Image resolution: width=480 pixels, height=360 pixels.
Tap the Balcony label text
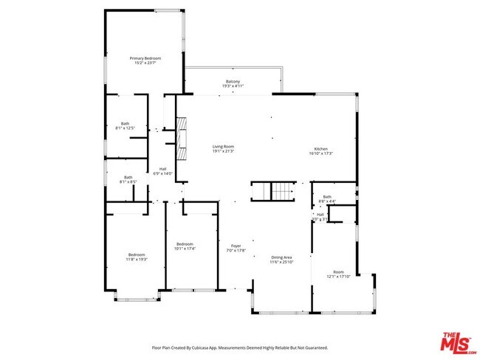pyautogui.click(x=233, y=81)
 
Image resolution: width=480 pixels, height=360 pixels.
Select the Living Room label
pyautogui.click(x=223, y=147)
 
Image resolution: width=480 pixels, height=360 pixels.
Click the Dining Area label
pyautogui.click(x=281, y=257)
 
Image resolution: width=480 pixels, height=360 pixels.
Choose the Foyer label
pyautogui.click(x=236, y=246)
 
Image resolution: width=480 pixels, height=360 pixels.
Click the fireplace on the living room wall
pyautogui.click(x=180, y=134)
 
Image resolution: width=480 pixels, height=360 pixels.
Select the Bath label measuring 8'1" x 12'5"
pyautogui.click(x=126, y=123)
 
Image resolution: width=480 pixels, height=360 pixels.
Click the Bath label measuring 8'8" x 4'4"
pyautogui.click(x=327, y=196)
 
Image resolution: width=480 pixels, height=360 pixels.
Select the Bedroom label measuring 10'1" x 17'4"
pyautogui.click(x=185, y=244)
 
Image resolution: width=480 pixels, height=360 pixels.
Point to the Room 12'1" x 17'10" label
pyautogui.click(x=338, y=272)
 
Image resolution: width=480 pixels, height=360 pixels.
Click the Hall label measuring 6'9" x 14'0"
pyautogui.click(x=162, y=169)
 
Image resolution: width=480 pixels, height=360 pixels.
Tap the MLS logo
pyautogui.click(x=458, y=342)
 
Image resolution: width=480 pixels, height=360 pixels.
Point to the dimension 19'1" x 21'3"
pyautogui.click(x=223, y=151)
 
